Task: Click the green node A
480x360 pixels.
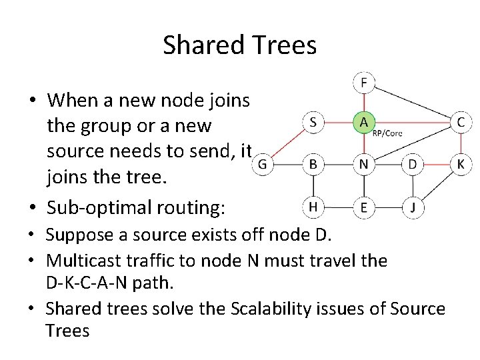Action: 363,123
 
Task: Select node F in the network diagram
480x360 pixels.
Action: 363,83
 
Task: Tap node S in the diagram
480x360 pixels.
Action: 313,123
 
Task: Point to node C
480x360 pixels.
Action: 461,123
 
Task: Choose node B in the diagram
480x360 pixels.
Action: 313,163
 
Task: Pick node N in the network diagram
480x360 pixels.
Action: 363,163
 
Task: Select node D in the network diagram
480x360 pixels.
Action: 413,163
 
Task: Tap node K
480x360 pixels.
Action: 461,163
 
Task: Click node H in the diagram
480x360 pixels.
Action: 313,207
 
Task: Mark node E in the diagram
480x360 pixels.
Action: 363,207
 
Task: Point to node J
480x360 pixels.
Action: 413,207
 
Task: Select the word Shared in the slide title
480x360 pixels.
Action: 201,45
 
